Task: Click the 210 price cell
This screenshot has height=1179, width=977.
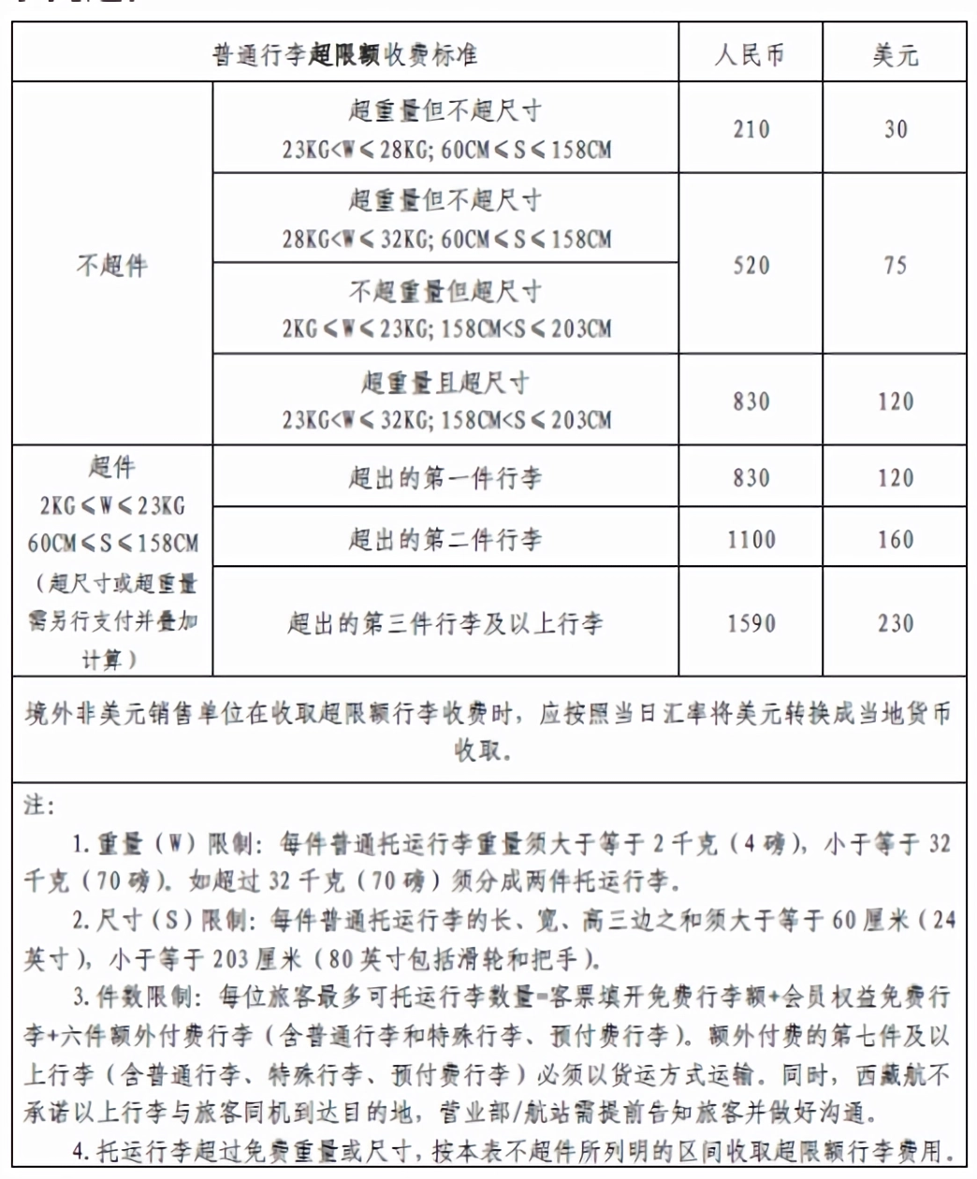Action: [751, 129]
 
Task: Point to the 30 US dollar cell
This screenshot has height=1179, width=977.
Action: [896, 129]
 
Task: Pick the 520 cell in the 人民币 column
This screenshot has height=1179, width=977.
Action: [751, 266]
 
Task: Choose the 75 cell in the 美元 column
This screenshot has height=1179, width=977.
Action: [896, 266]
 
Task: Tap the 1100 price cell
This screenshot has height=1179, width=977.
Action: [751, 540]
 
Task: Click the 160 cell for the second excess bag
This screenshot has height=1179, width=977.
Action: [896, 540]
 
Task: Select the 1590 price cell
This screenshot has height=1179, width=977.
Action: [751, 623]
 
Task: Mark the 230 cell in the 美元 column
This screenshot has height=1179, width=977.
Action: [896, 623]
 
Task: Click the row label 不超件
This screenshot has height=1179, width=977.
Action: [112, 266]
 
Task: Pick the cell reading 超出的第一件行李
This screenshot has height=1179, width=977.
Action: [445, 478]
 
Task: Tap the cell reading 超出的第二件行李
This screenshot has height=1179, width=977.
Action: [445, 540]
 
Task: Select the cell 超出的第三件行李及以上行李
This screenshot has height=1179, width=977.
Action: [445, 623]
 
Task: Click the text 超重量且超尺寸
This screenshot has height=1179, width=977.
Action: [445, 383]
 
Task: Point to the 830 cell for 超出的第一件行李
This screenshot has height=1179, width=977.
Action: [751, 478]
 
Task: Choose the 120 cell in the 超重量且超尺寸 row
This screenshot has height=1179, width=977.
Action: [896, 402]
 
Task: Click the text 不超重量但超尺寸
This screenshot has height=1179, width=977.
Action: [445, 291]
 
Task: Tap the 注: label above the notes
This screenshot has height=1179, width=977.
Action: [39, 806]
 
